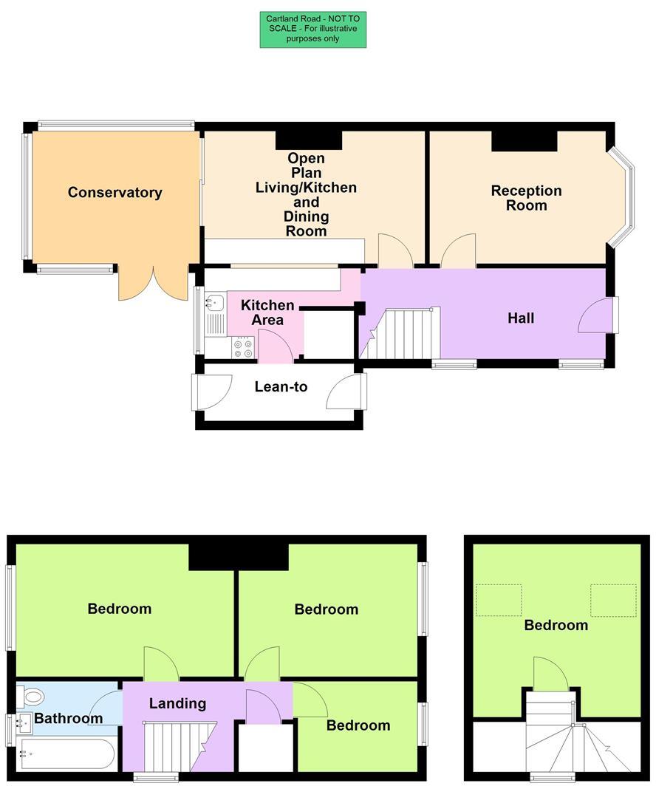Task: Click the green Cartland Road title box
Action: [312, 30]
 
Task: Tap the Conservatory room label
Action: [115, 193]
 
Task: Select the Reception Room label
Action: [526, 198]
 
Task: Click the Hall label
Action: [521, 318]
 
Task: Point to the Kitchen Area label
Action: [267, 312]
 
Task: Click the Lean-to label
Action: [281, 387]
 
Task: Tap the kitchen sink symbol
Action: [215, 302]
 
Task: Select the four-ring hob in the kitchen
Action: [243, 346]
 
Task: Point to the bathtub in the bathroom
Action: [66, 754]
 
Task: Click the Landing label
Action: [177, 704]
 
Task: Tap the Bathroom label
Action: [69, 719]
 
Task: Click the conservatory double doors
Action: [153, 284]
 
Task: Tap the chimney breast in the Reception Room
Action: [524, 140]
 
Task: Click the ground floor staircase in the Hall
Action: [403, 334]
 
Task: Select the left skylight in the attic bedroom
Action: [499, 600]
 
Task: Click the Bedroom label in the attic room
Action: [556, 626]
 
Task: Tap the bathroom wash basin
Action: [25, 722]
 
